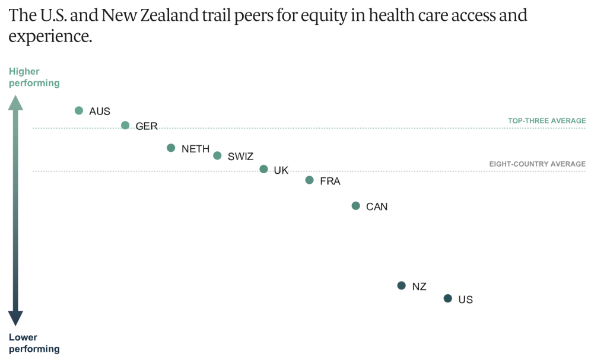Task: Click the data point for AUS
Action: point(79,110)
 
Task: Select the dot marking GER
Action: point(125,125)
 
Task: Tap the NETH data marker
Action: point(171,148)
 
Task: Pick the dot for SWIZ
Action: point(217,155)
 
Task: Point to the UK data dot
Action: point(263,169)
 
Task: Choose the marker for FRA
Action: point(309,180)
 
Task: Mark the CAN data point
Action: point(355,206)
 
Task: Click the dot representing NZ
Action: point(401,285)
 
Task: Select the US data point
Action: point(448,298)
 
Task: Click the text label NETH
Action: point(196,149)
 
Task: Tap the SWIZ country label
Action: point(240,157)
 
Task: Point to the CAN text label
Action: point(377,207)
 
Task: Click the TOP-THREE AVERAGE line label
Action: point(546,121)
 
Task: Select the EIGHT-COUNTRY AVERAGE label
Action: point(537,164)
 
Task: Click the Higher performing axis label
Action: point(34,77)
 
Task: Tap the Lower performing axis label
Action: point(34,343)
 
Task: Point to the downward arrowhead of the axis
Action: point(16,318)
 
